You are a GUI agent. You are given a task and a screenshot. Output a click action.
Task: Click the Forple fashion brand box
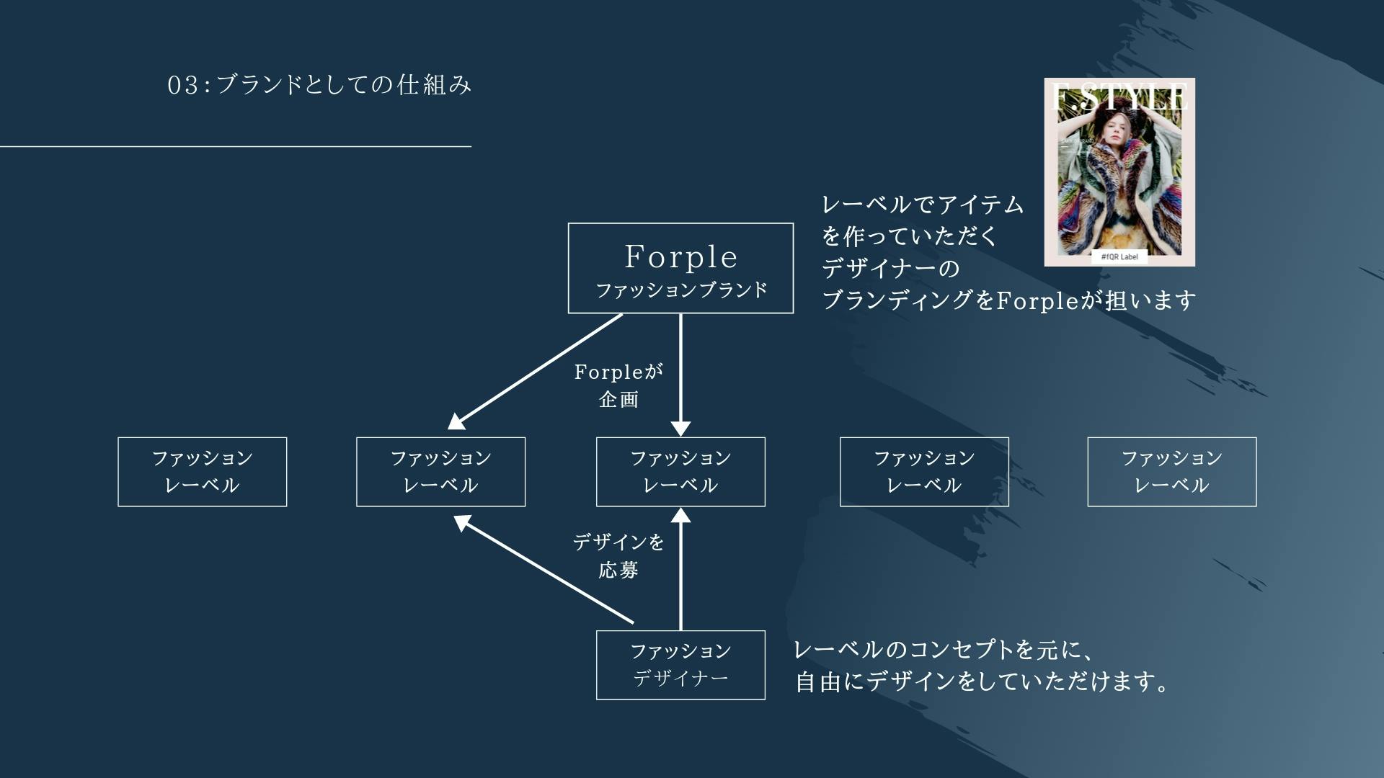tap(680, 268)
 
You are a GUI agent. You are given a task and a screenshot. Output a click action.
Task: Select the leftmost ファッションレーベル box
tap(202, 472)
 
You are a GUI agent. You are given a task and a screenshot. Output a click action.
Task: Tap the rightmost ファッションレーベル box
tap(1171, 472)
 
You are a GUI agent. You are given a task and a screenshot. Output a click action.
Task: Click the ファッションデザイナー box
tap(680, 665)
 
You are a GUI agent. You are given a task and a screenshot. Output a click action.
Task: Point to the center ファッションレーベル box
tap(680, 472)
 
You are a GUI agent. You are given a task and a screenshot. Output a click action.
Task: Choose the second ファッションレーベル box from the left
tap(440, 472)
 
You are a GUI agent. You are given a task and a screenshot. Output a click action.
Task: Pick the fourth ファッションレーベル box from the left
tap(924, 472)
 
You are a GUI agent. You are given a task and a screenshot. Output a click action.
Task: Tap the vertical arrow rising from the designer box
tap(680, 569)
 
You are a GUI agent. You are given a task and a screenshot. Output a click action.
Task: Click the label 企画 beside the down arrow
tap(618, 400)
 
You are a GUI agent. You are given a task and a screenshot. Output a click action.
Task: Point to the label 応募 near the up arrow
tap(618, 571)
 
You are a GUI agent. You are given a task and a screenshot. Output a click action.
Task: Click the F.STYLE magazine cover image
tap(1119, 173)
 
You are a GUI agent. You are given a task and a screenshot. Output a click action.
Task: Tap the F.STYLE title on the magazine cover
tap(1119, 97)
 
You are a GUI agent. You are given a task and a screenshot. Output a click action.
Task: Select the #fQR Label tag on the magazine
tap(1119, 256)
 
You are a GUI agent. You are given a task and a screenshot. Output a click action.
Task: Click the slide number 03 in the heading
tap(182, 85)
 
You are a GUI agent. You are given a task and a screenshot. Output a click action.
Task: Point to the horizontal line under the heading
tap(236, 146)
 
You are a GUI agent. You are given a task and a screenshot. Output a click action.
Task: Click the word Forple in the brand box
tap(680, 256)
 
